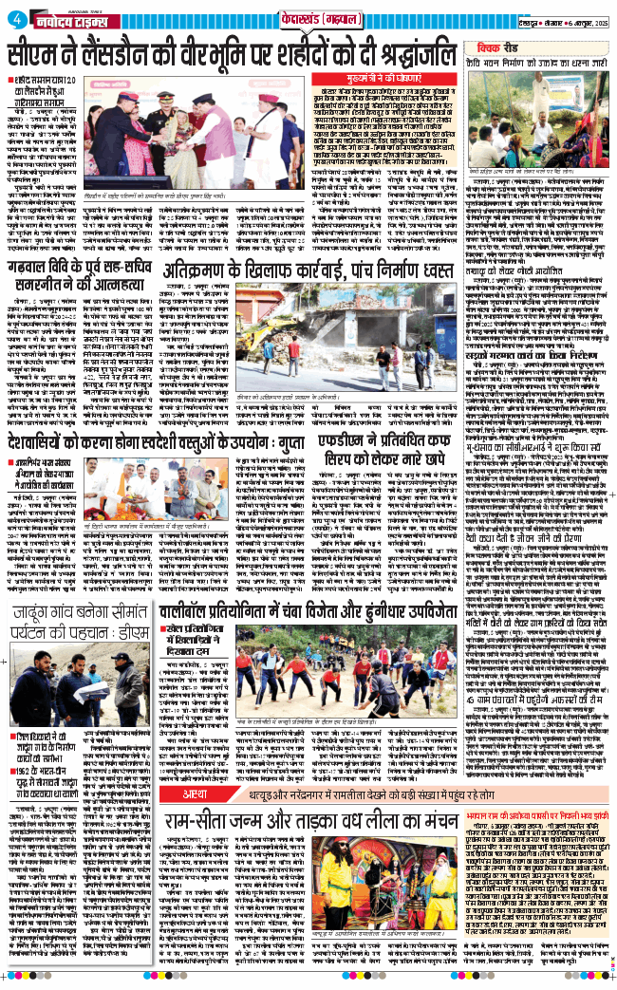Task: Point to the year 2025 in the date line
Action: tap(594, 19)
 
